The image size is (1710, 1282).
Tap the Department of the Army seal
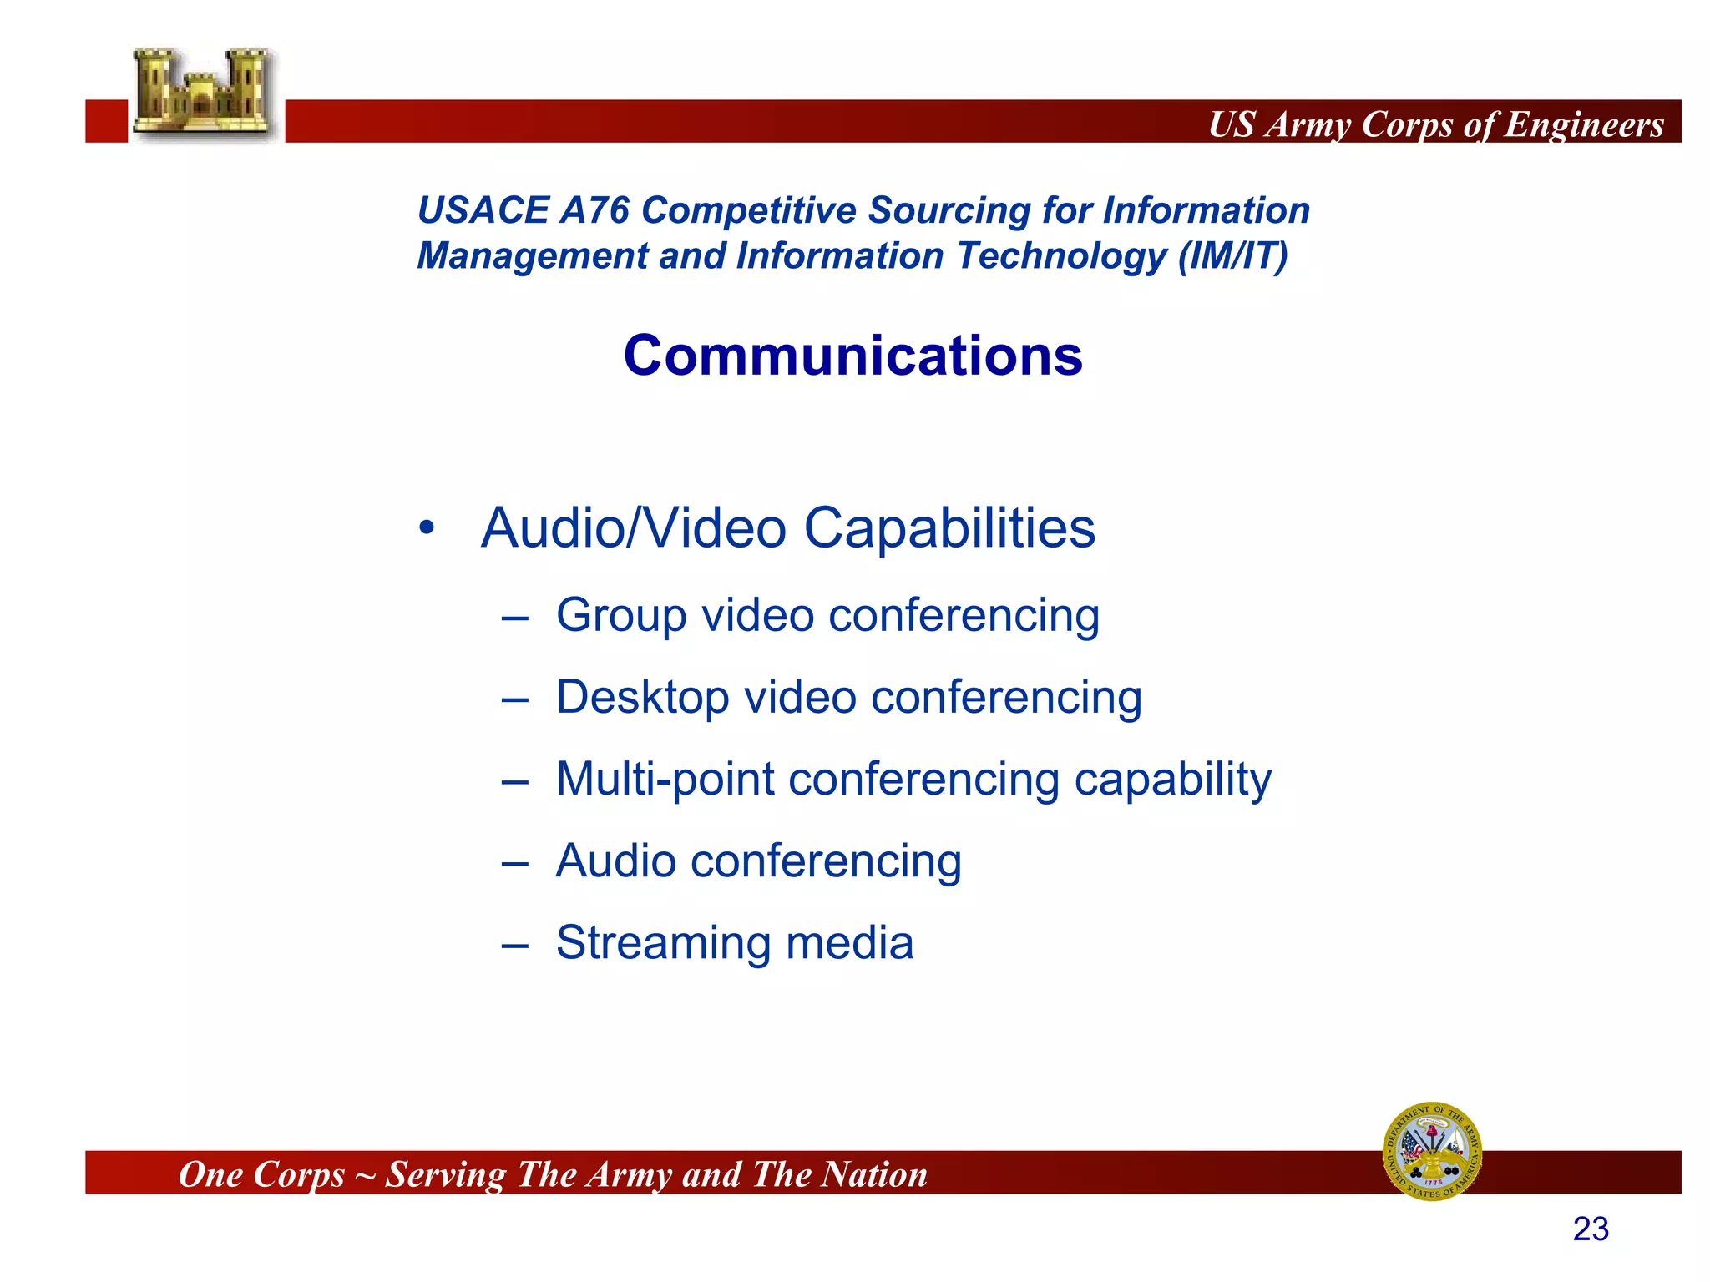(x=1432, y=1151)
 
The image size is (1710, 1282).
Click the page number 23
(x=1590, y=1229)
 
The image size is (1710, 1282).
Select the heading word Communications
(x=852, y=356)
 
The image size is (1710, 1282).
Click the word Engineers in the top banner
(x=1584, y=124)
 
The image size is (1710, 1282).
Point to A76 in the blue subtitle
(x=594, y=210)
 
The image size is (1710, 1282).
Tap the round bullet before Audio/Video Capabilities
(x=427, y=527)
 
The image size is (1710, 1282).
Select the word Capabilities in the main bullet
(x=949, y=528)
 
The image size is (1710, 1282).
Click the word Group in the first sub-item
(x=621, y=615)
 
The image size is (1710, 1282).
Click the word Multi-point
(x=665, y=779)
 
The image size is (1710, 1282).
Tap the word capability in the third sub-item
(x=1172, y=780)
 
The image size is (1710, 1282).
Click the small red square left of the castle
(x=106, y=121)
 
